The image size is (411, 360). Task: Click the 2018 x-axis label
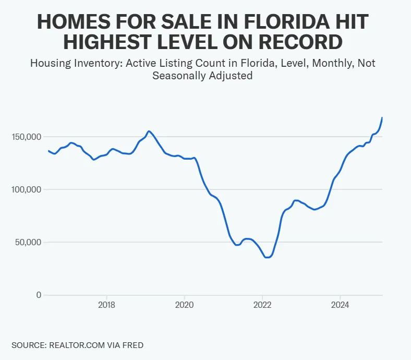click(x=106, y=305)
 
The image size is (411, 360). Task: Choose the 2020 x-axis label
click(x=184, y=305)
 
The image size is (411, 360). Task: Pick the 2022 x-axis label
click(x=262, y=305)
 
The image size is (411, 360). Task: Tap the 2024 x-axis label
click(x=340, y=305)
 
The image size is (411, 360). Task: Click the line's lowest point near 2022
click(x=267, y=257)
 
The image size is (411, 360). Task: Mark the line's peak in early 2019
click(x=149, y=131)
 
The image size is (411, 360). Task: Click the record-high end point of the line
click(x=382, y=118)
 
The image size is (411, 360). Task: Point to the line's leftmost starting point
click(x=49, y=151)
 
